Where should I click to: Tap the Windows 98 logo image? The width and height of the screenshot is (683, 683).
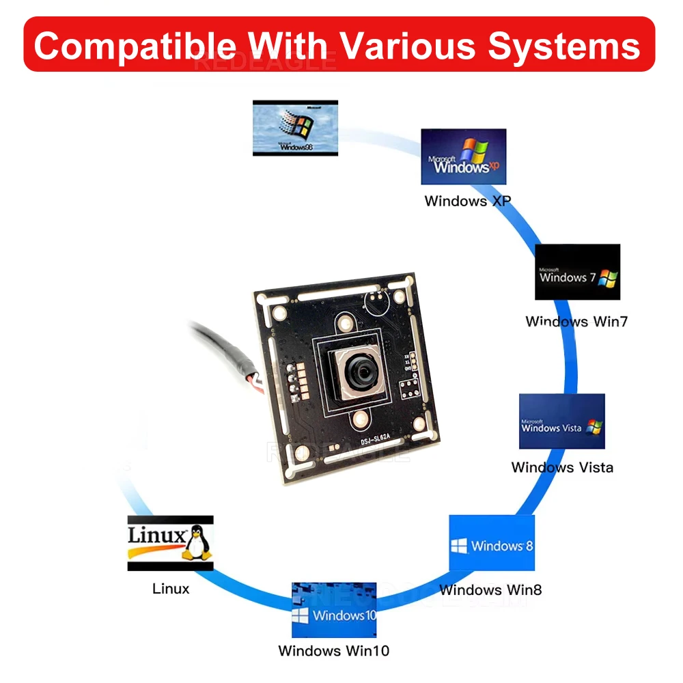coord(295,128)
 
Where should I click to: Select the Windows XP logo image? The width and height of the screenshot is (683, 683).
coord(463,156)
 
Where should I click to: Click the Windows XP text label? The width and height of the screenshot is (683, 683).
coord(467,201)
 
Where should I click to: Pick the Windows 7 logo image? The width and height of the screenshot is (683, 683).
coord(577,272)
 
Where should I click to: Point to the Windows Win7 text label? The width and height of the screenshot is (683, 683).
coord(576,321)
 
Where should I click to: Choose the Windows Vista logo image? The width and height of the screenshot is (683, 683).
coord(561,421)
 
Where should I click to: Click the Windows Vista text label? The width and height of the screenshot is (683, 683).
coord(562,468)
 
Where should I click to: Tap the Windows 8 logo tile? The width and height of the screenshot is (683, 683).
coord(491,543)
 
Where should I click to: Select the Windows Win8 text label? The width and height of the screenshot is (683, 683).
coord(490,589)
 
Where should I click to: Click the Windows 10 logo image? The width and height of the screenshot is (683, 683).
coord(334,610)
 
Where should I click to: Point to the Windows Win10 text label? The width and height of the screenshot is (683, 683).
coord(333,651)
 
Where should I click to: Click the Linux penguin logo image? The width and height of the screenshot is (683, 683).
coord(170,542)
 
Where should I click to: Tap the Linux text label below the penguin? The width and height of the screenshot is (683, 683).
coord(171,588)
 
